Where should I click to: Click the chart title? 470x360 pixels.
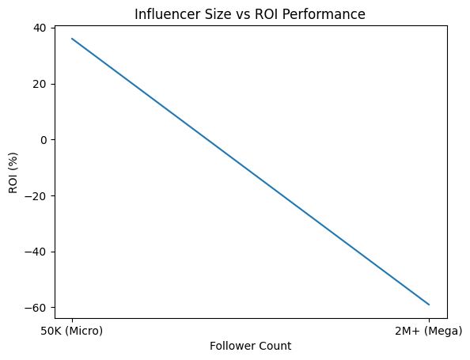pos(250,14)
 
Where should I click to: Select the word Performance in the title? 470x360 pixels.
pos(326,14)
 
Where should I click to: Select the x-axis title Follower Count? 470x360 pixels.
pos(250,346)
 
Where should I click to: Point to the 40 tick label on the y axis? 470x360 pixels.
pos(39,28)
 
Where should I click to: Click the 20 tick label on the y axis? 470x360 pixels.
pos(39,84)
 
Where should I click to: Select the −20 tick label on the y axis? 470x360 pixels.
pos(36,195)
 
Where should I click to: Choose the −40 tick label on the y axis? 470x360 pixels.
pos(36,252)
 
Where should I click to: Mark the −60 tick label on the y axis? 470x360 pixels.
pos(36,308)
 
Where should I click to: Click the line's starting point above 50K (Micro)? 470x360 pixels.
pos(72,39)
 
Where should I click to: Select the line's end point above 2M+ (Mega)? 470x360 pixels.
pos(429,305)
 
